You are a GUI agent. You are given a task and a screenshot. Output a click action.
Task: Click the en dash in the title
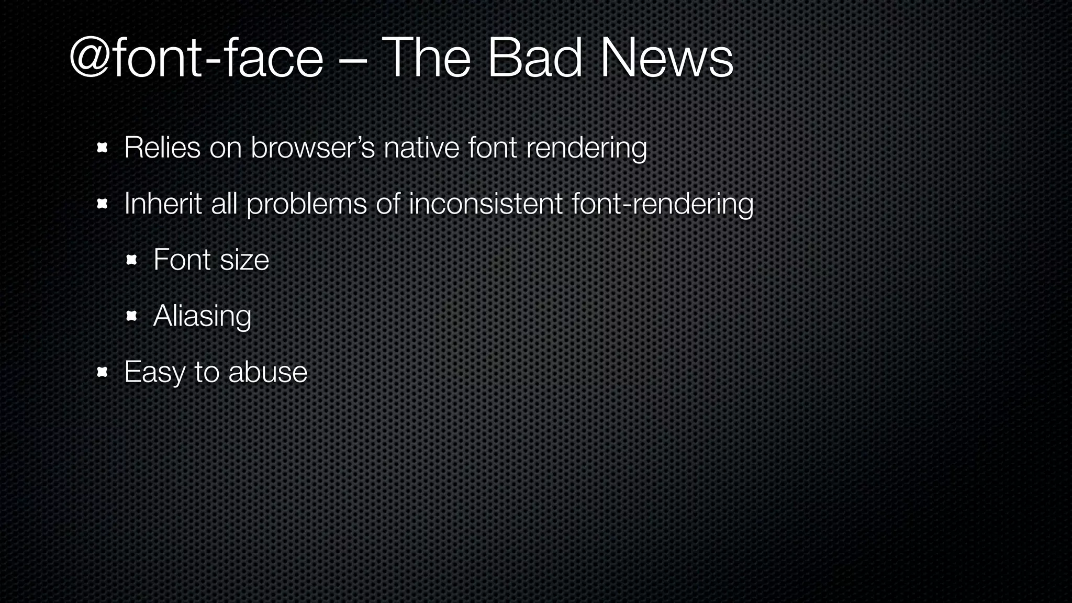352,61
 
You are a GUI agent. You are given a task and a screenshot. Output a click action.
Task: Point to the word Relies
162,147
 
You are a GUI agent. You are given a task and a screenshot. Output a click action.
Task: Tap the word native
421,147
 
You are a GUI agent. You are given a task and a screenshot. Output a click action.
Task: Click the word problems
307,204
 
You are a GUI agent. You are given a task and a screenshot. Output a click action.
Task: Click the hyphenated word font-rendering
663,204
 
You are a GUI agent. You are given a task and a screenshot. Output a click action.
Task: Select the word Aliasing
202,316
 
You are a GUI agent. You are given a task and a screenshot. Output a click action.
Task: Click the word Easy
154,373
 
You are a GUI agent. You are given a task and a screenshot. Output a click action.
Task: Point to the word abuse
268,372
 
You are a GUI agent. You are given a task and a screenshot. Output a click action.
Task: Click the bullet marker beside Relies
102,148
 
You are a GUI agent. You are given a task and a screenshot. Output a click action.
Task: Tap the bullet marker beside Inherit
102,204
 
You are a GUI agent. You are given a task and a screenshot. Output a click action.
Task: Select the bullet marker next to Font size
131,260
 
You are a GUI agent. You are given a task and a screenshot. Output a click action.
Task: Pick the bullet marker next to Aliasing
131,316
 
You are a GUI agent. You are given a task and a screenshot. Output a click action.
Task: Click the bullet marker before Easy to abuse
102,372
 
